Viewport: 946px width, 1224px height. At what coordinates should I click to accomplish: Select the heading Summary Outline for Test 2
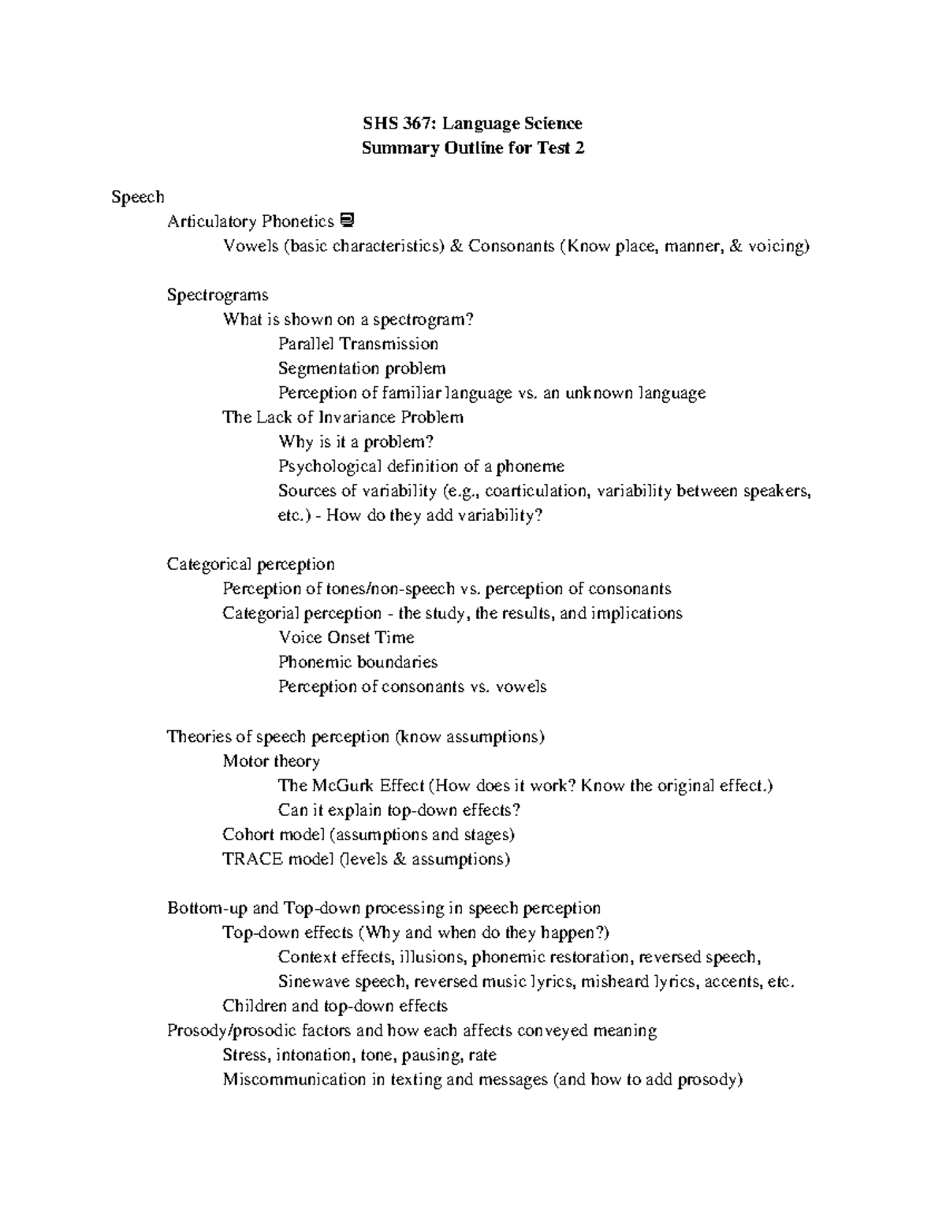point(472,147)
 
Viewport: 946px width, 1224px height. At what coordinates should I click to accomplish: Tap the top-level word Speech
point(137,197)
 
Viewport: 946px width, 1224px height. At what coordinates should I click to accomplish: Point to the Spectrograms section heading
point(217,295)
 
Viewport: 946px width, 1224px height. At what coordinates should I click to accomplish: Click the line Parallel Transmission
point(358,344)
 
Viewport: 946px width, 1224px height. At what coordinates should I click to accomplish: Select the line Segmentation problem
point(362,368)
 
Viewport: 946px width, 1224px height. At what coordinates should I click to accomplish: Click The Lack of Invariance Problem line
point(343,417)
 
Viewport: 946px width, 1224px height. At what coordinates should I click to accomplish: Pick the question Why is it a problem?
point(356,441)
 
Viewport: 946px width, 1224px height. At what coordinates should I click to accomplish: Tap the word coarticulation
point(536,490)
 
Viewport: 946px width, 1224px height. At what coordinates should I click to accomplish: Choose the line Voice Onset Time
point(346,637)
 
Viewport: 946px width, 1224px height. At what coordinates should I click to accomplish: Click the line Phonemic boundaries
point(357,661)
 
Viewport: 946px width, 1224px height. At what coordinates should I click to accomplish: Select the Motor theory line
point(271,761)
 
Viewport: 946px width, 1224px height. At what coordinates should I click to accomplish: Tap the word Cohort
point(248,834)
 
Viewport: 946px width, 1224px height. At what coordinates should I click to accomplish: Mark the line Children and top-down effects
point(335,1006)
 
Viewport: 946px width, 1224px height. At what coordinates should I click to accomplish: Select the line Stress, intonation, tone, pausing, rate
point(359,1055)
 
